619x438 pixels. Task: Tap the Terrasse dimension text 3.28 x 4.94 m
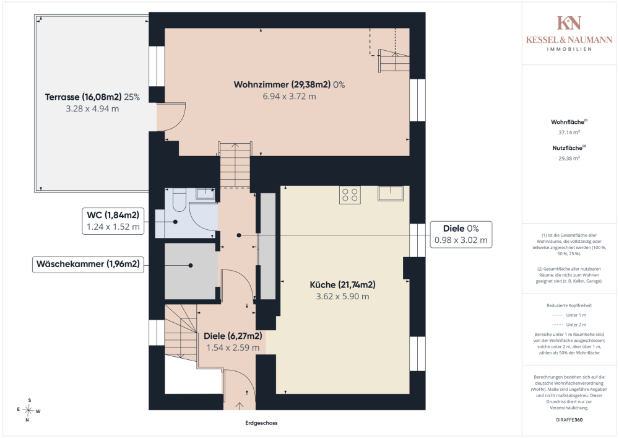pyautogui.click(x=92, y=108)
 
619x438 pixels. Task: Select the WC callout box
pyautogui.click(x=113, y=221)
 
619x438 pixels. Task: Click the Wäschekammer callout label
pyautogui.click(x=88, y=264)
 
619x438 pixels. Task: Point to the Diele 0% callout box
pyautogui.click(x=461, y=235)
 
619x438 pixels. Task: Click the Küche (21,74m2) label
pyautogui.click(x=342, y=285)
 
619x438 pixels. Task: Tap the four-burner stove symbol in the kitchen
pyautogui.click(x=350, y=195)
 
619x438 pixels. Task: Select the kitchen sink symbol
pyautogui.click(x=391, y=193)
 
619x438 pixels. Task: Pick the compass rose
pyautogui.click(x=28, y=410)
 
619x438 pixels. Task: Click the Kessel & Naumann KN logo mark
pyautogui.click(x=569, y=23)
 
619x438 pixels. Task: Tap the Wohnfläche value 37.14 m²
pyautogui.click(x=569, y=133)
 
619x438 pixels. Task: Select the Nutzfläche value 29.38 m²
pyautogui.click(x=569, y=159)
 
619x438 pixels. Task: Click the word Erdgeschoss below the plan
pyautogui.click(x=261, y=423)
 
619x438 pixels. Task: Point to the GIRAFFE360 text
pyautogui.click(x=569, y=420)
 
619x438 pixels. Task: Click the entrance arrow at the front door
pyautogui.click(x=240, y=406)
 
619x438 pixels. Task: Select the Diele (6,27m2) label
pyautogui.click(x=233, y=336)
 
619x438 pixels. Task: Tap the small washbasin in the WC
pyautogui.click(x=206, y=193)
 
